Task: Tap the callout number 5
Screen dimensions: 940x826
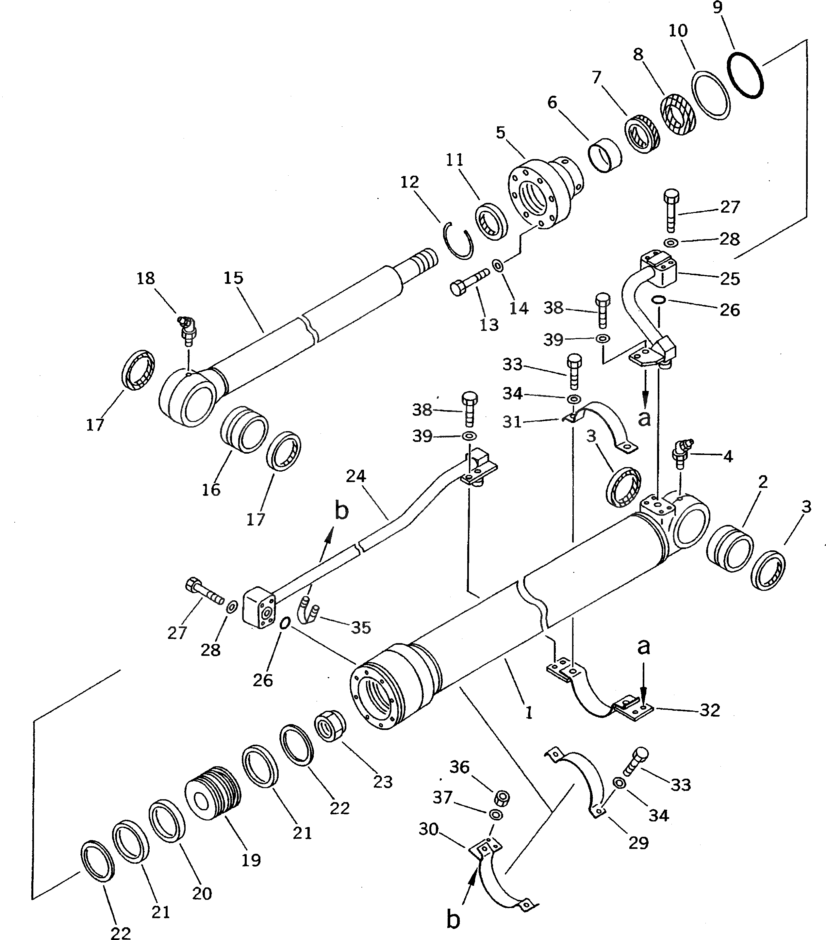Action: pos(501,133)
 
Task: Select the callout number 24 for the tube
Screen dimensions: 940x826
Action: pos(356,476)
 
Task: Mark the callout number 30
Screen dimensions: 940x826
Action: pos(428,829)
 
